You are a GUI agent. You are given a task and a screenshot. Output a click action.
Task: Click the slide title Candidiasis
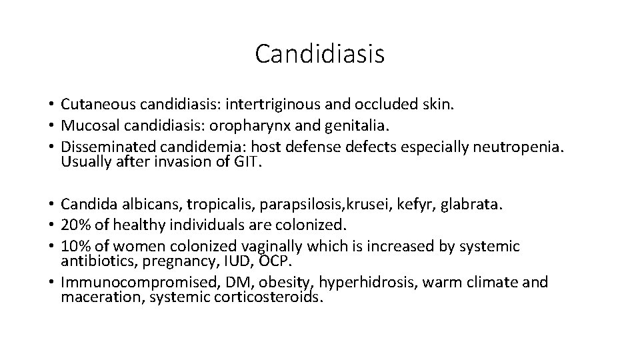point(319,54)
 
